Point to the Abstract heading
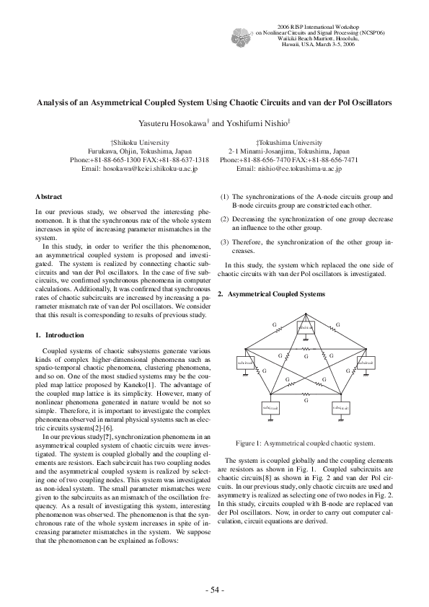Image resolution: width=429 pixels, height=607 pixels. [48, 197]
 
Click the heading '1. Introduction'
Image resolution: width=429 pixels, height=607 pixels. [60, 335]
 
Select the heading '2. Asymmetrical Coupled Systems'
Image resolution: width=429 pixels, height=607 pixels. [266, 294]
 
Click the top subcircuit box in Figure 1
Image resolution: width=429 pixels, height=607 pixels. [307, 326]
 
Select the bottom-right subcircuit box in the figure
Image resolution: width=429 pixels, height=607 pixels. [341, 408]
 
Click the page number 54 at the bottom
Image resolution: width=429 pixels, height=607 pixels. [215, 590]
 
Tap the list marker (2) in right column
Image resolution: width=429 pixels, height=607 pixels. [224, 218]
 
